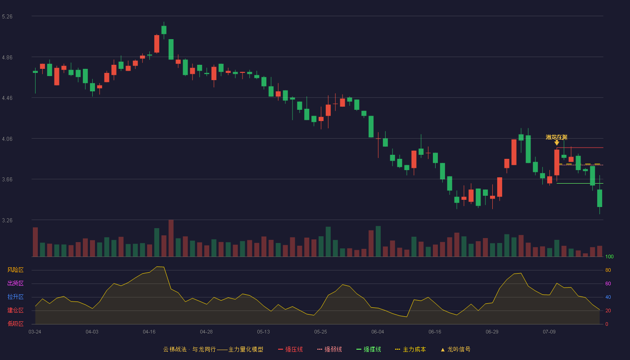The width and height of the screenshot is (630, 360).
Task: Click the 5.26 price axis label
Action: point(7,17)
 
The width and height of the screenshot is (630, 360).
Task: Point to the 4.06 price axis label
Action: point(7,139)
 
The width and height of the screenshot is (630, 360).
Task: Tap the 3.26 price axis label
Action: point(7,220)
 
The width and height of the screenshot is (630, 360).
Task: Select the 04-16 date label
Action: point(149,332)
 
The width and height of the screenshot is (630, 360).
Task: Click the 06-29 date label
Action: point(492,332)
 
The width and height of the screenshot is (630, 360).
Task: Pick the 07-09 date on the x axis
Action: point(549,332)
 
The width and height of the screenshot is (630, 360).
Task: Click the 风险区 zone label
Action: point(15,270)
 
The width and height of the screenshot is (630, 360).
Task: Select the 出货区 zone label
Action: point(15,283)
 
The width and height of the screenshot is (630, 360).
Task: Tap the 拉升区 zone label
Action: point(15,297)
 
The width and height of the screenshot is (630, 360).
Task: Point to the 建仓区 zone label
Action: point(15,310)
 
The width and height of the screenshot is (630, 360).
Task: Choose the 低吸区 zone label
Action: point(15,324)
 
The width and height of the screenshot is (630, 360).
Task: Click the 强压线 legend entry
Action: point(290,349)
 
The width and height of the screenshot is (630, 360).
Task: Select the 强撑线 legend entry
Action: point(369,349)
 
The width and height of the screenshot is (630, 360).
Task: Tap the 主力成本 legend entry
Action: point(410,349)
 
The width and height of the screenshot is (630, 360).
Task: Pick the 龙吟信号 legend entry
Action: point(455,349)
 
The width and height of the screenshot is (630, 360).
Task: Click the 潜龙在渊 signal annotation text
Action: point(556,137)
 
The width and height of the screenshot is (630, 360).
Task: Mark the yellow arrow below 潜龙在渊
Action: point(557,143)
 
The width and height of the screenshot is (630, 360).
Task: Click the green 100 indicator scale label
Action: point(609,256)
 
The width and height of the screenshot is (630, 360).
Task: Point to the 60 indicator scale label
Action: point(608,283)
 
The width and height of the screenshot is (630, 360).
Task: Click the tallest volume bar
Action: point(171,238)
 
